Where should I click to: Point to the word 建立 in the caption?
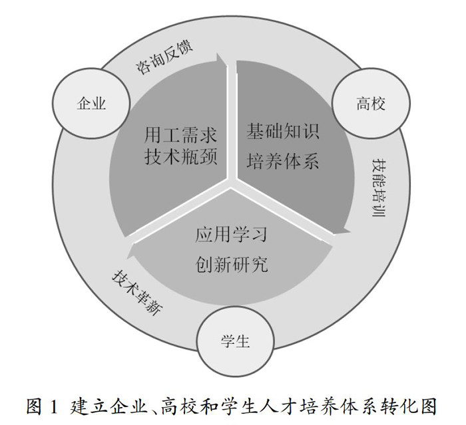click(x=83, y=405)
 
